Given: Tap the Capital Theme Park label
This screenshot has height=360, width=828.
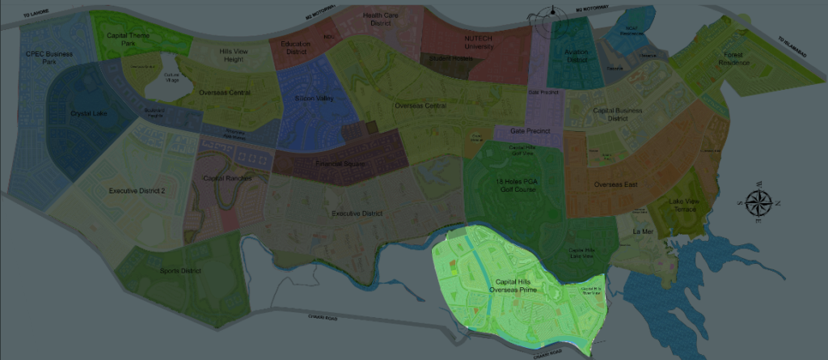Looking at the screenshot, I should point(127,40).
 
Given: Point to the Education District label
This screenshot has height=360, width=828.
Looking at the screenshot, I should point(296,48).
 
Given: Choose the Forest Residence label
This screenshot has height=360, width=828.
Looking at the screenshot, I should point(734,58).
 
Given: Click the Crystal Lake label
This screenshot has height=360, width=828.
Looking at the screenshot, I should point(89,113).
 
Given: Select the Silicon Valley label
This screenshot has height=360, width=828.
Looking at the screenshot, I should point(314,99).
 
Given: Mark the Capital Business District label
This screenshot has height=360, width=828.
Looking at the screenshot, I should point(618,113).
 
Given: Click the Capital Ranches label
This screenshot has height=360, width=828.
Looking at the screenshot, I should point(228,178).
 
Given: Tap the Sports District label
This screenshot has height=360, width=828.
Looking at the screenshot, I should point(180,270).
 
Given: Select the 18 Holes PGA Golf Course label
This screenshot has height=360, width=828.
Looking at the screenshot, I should point(516,186).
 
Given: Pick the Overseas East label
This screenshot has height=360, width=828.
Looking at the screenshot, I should point(615,184).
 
